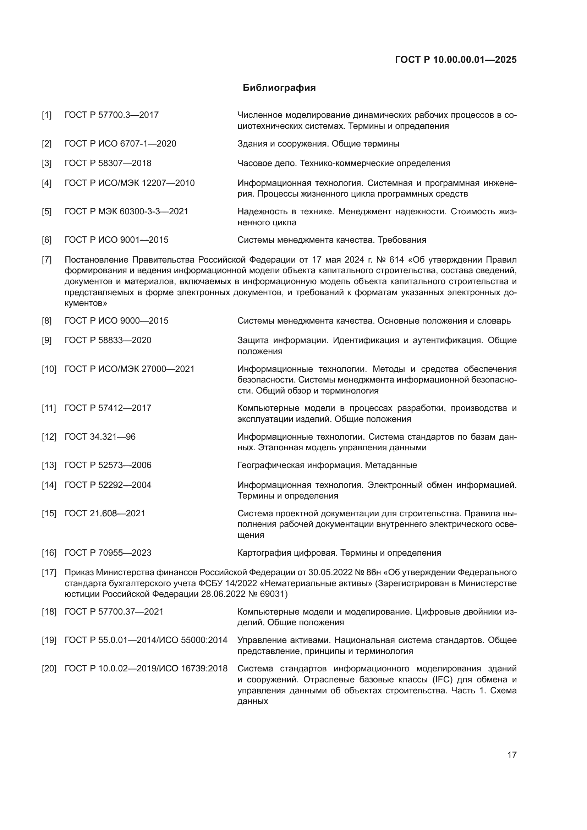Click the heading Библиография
click(x=279, y=88)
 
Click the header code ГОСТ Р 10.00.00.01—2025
click(x=456, y=60)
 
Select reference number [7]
click(x=46, y=259)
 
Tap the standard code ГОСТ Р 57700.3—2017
click(x=111, y=115)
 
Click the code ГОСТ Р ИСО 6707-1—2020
click(x=120, y=143)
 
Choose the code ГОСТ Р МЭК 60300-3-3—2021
click(x=126, y=211)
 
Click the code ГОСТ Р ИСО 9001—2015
click(x=116, y=240)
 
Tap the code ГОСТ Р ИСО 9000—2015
click(x=116, y=321)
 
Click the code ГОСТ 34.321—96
click(x=100, y=437)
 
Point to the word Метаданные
click(x=391, y=465)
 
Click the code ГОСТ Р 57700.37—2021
click(x=114, y=612)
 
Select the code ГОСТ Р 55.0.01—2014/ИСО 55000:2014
click(x=146, y=640)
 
